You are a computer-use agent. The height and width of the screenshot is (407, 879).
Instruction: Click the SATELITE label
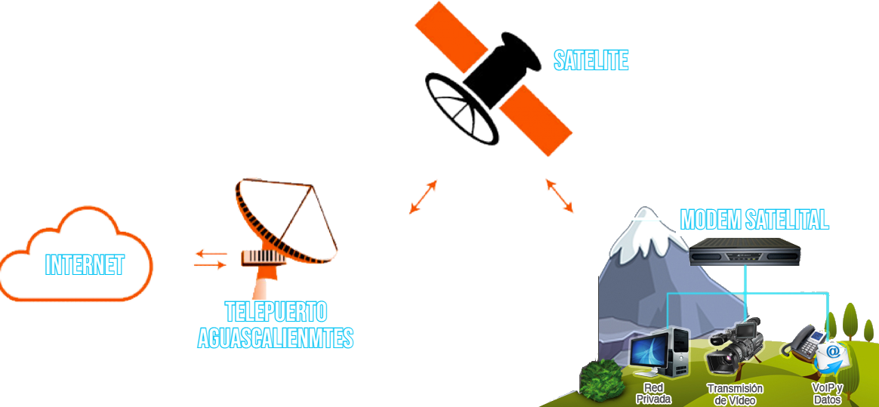click(591, 60)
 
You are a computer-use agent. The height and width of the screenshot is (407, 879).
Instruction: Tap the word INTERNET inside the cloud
click(84, 264)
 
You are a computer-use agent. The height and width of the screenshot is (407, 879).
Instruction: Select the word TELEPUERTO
click(276, 312)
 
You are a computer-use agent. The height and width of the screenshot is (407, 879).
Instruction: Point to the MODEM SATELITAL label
click(754, 220)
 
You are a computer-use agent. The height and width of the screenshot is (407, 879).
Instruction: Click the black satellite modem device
click(745, 253)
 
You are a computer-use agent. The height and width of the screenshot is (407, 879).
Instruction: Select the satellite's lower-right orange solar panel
click(536, 119)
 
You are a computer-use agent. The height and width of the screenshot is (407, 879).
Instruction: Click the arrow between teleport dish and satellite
click(423, 197)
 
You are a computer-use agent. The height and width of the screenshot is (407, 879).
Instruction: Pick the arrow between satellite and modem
click(559, 195)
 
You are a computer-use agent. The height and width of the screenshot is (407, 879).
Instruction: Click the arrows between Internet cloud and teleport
click(209, 259)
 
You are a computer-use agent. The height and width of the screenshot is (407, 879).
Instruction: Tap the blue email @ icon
click(831, 353)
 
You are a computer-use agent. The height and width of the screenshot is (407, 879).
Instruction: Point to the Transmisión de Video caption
click(735, 393)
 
